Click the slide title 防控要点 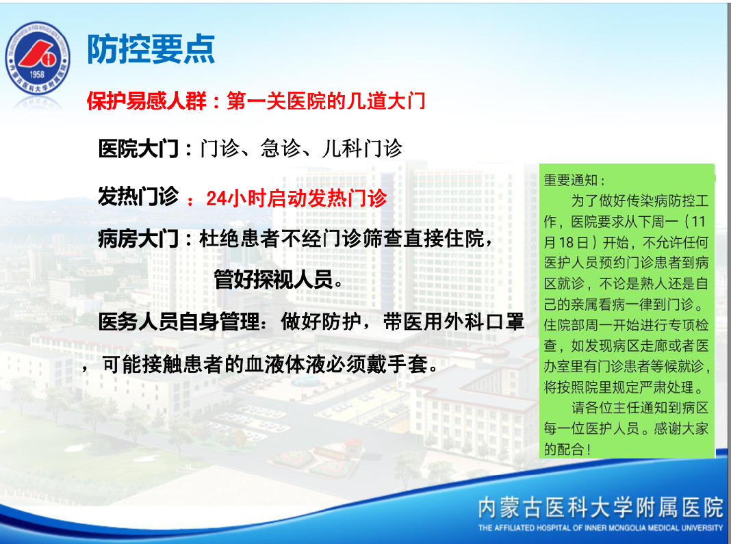[151, 49]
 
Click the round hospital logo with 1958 [37, 58]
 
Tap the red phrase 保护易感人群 [146, 101]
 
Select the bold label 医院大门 [138, 148]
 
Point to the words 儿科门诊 [362, 148]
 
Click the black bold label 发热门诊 [138, 196]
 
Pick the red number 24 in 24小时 [216, 198]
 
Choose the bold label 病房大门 [138, 239]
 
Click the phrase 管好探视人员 [273, 280]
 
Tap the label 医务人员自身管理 [179, 322]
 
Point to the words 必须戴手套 [376, 365]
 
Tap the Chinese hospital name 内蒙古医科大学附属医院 [600, 508]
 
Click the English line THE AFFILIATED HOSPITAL [600, 528]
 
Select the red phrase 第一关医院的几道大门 [326, 101]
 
